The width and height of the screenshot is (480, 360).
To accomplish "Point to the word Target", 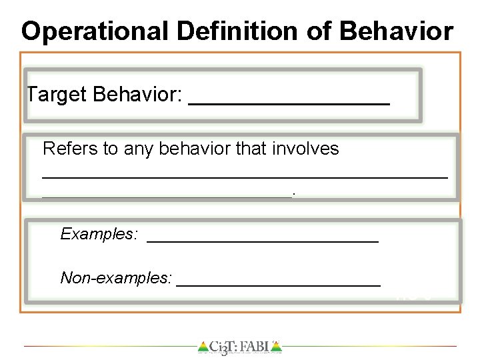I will click(56, 95).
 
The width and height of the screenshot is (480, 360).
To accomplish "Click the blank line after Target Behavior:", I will click(289, 103).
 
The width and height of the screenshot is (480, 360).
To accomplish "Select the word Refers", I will click(69, 148).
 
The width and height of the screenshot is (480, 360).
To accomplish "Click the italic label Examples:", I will click(99, 234).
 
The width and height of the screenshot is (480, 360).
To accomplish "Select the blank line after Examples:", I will click(262, 241).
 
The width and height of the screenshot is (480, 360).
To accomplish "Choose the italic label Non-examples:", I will click(116, 277).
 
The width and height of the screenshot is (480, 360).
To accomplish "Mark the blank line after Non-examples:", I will click(278, 284).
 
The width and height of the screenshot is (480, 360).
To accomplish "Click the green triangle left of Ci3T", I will click(203, 347).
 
